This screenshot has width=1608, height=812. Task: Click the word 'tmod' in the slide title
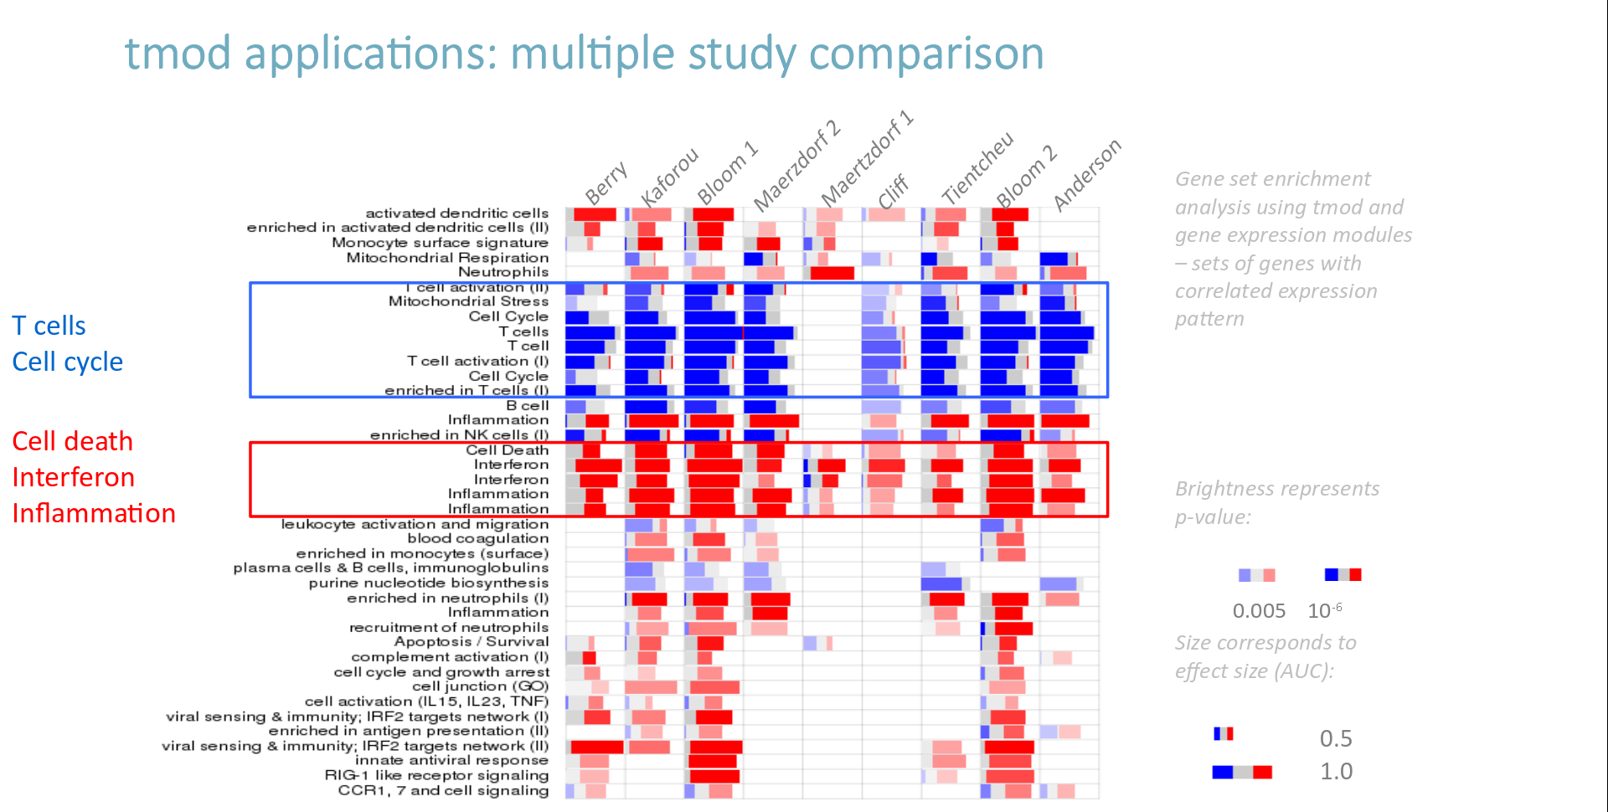click(178, 54)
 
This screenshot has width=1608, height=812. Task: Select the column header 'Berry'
click(606, 182)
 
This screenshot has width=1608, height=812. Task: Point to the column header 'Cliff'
click(893, 191)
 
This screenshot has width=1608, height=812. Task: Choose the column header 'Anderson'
click(1086, 175)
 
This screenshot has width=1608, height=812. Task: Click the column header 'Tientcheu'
click(977, 167)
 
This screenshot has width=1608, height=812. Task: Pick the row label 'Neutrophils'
click(503, 272)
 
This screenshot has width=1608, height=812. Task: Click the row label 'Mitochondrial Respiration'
click(447, 258)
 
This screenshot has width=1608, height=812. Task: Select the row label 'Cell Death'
click(507, 450)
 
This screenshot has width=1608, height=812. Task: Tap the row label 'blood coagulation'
click(477, 538)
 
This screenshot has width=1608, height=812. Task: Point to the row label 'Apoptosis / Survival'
click(472, 642)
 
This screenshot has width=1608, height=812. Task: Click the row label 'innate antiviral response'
click(451, 760)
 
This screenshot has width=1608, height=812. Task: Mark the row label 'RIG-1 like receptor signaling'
click(436, 775)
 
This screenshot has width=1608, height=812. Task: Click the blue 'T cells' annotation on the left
click(49, 326)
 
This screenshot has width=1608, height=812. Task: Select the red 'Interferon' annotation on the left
click(73, 477)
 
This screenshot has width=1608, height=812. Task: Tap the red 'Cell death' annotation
click(72, 441)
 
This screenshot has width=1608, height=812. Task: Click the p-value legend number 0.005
click(1258, 611)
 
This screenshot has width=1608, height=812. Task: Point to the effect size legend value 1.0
click(1336, 771)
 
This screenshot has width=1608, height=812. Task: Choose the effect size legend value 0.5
click(1336, 738)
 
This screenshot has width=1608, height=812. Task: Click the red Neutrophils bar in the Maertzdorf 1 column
click(832, 273)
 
